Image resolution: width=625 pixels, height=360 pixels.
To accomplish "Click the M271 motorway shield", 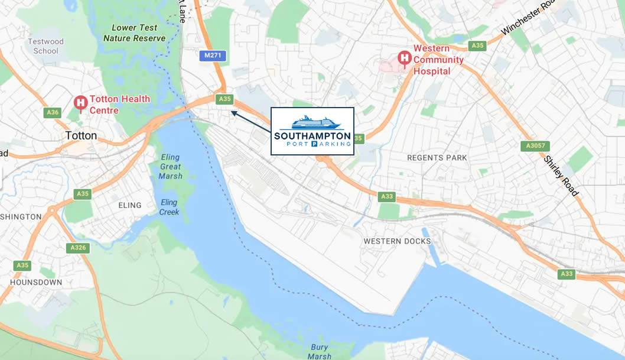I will [x=212, y=56].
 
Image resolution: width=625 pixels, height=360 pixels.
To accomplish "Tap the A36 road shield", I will [x=52, y=112].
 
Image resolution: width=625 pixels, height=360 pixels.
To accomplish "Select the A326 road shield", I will [x=77, y=248].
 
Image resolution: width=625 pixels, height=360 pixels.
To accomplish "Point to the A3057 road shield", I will [x=535, y=145].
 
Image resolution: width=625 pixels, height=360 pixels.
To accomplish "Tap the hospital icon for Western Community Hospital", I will [x=405, y=58].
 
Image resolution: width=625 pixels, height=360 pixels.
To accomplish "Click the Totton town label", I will [x=81, y=135].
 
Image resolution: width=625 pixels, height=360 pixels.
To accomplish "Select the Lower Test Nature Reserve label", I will [x=134, y=33].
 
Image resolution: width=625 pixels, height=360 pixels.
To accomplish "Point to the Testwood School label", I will [x=45, y=46].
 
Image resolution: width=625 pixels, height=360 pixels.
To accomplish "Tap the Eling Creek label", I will [x=169, y=207].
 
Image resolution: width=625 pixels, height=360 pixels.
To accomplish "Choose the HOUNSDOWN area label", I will [x=35, y=282].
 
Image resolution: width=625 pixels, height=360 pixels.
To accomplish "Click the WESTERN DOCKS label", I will [x=397, y=241].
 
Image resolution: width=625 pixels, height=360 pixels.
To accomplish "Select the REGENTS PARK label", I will [x=437, y=158].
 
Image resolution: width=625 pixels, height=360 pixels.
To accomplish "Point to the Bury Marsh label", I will [x=319, y=351].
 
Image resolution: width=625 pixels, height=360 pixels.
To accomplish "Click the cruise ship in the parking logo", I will [x=312, y=122].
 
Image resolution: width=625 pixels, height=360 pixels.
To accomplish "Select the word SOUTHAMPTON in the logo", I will [x=312, y=135].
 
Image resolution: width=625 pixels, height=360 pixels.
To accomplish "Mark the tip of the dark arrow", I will [x=232, y=111].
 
